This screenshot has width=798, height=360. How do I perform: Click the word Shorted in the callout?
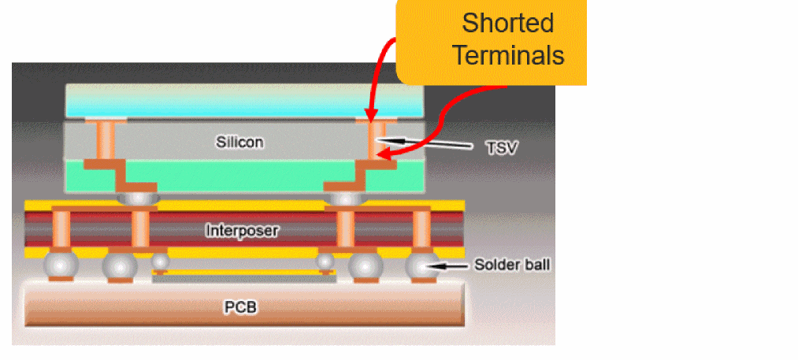508,23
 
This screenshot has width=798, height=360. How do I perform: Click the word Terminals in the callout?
513,56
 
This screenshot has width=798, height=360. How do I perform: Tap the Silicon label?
239,143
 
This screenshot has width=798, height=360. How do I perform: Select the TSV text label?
503,146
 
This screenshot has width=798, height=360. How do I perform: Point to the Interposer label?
243,231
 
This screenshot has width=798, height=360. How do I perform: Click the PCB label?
242,306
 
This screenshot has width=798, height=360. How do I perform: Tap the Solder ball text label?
512,265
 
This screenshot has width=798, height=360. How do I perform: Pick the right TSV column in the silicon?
374,140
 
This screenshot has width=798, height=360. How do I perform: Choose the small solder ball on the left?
160,261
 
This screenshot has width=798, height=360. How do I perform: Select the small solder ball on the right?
325,261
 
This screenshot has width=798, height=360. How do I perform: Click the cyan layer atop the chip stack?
243,99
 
